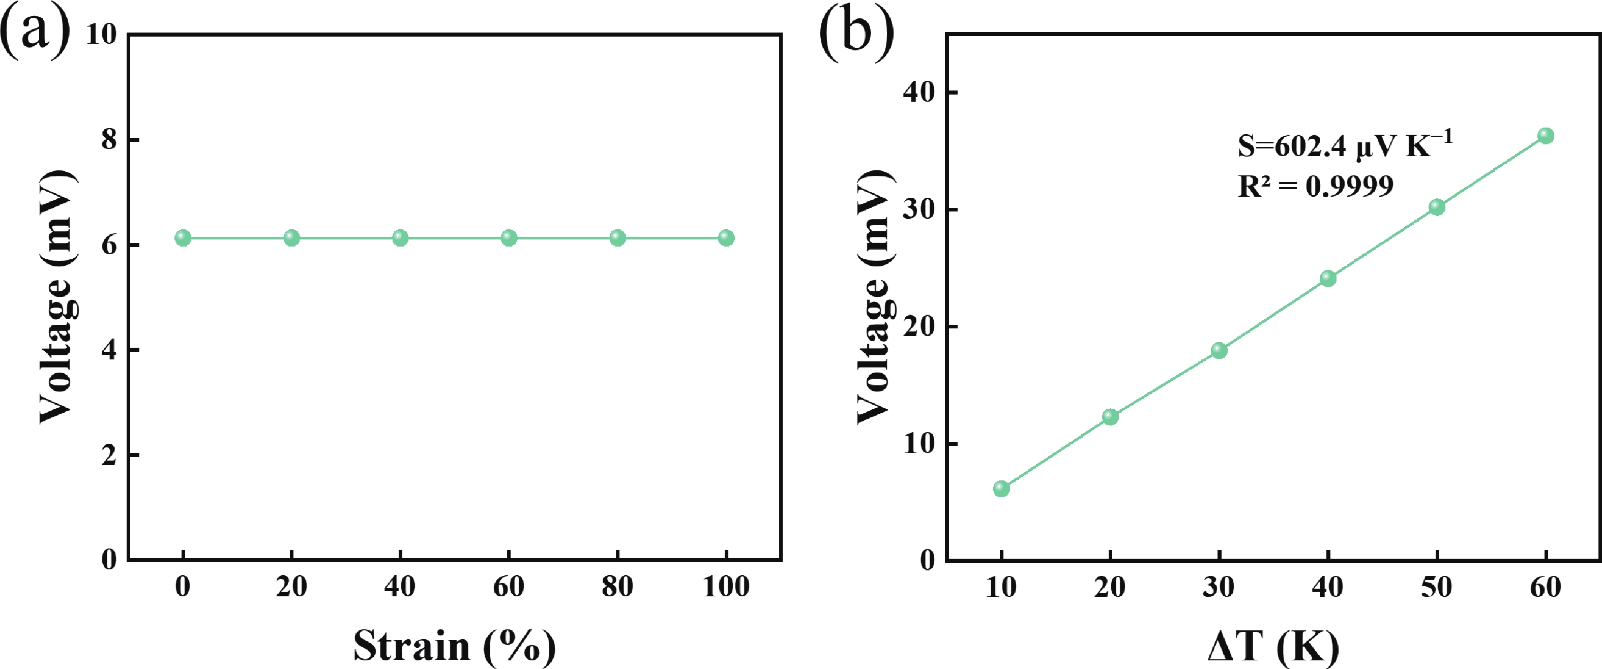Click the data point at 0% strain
183,237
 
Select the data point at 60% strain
509,237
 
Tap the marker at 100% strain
726,237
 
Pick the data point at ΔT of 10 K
1001,488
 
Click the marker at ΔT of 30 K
1219,350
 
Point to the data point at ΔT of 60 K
1546,136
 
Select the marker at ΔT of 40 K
1328,278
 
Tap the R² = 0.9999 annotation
1315,186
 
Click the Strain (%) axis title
454,646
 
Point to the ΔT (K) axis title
1272,646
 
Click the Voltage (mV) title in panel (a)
57,296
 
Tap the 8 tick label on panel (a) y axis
109,139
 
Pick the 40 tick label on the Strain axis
400,586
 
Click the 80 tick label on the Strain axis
617,586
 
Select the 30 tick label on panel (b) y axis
918,209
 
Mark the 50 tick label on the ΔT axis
1437,586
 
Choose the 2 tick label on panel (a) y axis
109,455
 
